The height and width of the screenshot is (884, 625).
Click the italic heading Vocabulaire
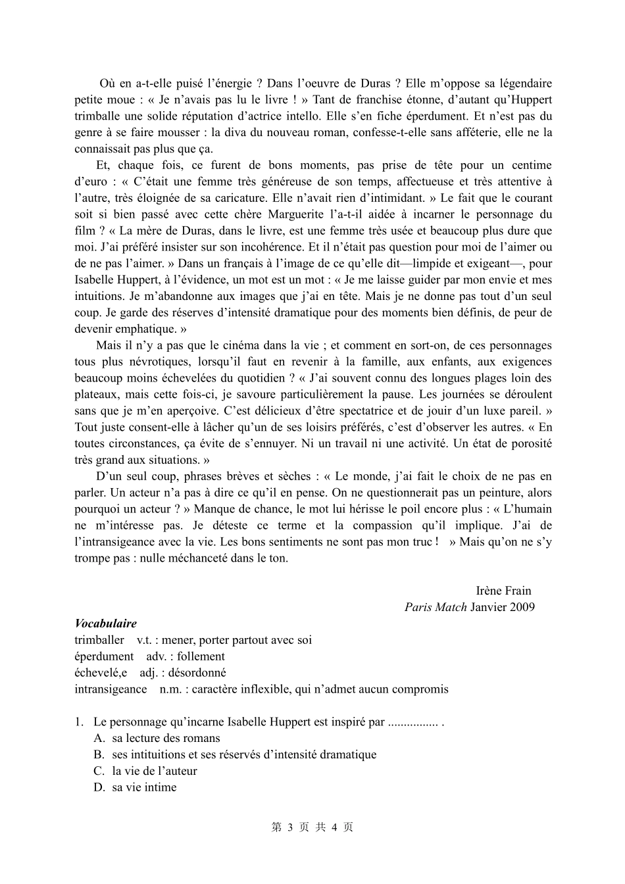[x=105, y=624]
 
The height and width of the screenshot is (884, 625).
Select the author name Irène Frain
[x=503, y=591]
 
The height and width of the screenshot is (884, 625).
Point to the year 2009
[x=521, y=607]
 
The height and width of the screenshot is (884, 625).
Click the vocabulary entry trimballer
[x=99, y=640]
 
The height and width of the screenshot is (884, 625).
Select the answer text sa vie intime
[x=144, y=788]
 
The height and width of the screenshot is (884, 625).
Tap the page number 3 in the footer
[x=289, y=827]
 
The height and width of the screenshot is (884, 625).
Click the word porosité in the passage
[x=529, y=444]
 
